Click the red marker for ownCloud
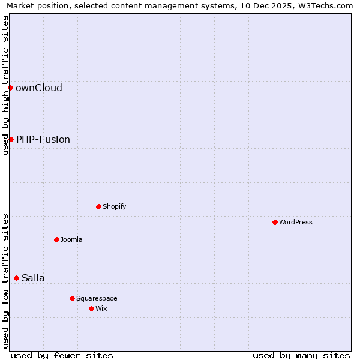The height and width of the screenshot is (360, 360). [10, 88]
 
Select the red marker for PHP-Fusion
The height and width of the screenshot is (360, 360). [11, 139]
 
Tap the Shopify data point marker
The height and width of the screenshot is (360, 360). [98, 206]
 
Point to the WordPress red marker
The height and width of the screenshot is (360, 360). [275, 222]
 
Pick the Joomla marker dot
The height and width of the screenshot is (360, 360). [56, 239]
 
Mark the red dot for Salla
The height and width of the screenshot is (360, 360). [16, 278]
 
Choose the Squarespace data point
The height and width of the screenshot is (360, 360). [72, 298]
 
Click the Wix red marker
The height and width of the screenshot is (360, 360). [91, 308]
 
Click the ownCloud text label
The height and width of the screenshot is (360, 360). [39, 88]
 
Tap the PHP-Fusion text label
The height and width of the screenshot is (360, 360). [43, 139]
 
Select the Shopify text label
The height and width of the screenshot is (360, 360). [115, 206]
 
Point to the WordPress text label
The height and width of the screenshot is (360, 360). [296, 222]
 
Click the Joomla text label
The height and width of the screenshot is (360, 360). [71, 239]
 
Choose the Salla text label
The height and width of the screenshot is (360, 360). [33, 278]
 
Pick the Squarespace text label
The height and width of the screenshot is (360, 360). [97, 298]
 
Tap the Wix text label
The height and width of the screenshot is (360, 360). [101, 308]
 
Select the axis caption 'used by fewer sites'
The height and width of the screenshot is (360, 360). [62, 355]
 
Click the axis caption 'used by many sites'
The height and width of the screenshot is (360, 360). [301, 355]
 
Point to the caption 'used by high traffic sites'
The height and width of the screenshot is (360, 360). [5, 85]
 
